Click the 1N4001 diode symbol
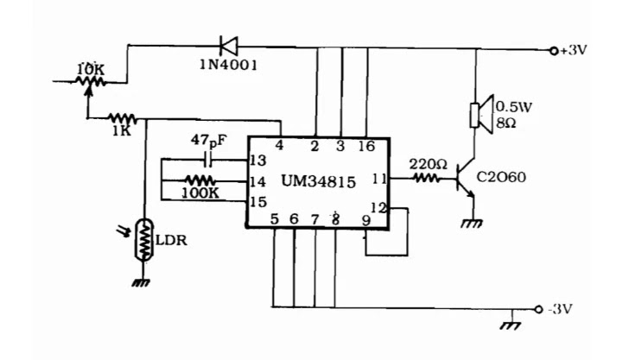pyautogui.click(x=229, y=46)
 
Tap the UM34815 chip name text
pyautogui.click(x=319, y=181)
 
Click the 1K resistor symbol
pyautogui.click(x=122, y=118)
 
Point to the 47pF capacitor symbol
pyautogui.click(x=208, y=160)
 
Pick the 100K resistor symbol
pyautogui.click(x=200, y=180)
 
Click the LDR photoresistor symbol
pyautogui.click(x=143, y=240)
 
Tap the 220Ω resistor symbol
pyautogui.click(x=428, y=178)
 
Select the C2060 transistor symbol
pyautogui.click(x=465, y=178)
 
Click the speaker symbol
pyautogui.click(x=481, y=115)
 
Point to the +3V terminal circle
pyautogui.click(x=554, y=51)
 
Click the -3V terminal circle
pyautogui.click(x=538, y=310)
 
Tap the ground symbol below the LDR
pyautogui.click(x=141, y=282)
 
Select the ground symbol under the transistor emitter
pyautogui.click(x=472, y=224)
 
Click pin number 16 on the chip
pyautogui.click(x=366, y=146)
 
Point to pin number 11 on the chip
pyautogui.click(x=379, y=179)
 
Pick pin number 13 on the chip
pyautogui.click(x=258, y=161)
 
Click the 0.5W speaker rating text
pyautogui.click(x=514, y=107)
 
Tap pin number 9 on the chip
pyautogui.click(x=366, y=220)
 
